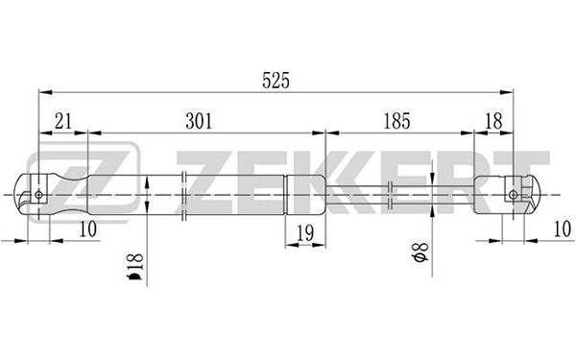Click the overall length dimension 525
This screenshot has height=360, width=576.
(276, 81)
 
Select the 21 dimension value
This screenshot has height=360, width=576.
(62, 121)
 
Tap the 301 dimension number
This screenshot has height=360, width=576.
(199, 121)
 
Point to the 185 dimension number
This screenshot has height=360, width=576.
(396, 121)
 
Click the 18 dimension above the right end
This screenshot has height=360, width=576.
(493, 121)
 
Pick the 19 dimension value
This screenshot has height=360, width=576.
(305, 233)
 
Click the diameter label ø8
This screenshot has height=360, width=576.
(420, 252)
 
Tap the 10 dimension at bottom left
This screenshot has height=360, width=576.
(88, 229)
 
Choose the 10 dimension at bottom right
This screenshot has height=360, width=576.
(563, 229)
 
